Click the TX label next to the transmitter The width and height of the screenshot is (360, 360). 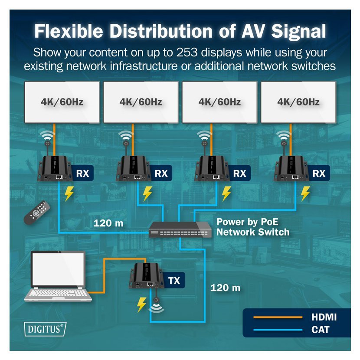point(174,281)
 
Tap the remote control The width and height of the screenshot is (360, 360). point(37,213)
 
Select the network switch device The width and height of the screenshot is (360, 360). point(180,229)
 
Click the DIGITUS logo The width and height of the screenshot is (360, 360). point(45,329)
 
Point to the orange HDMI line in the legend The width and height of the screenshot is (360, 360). point(278,317)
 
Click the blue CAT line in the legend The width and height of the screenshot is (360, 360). point(278,330)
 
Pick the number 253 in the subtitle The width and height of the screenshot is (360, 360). point(187,52)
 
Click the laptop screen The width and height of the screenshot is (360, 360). point(58,269)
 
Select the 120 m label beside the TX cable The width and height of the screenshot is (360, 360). point(225,288)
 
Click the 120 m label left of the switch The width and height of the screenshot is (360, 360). point(108,223)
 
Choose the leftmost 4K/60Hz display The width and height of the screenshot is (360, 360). point(62,102)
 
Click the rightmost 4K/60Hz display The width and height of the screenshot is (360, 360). point(298,102)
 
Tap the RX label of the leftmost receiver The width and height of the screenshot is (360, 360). point(82,173)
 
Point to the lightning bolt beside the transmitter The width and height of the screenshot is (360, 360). point(141,304)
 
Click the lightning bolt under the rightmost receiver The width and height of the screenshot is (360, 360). point(305,193)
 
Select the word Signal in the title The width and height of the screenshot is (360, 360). point(298,31)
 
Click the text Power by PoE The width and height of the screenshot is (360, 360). point(248,222)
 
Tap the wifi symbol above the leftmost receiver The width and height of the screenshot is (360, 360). point(47,135)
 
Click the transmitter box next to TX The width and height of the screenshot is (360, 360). point(147,276)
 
